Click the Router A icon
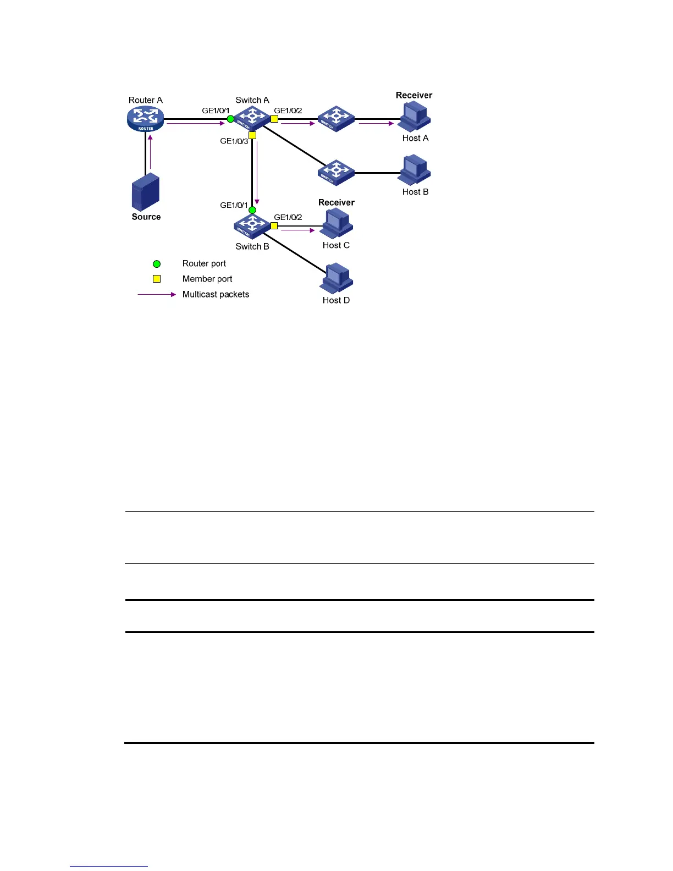click(146, 118)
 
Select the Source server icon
click(146, 192)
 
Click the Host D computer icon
click(336, 278)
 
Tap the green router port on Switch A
click(230, 119)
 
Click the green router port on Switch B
click(252, 210)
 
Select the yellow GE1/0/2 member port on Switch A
click(274, 119)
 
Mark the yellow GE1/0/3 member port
click(252, 135)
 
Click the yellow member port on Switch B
click(274, 225)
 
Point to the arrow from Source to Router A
click(150, 151)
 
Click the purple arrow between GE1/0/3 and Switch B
click(257, 174)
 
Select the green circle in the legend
click(157, 264)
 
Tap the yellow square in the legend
click(157, 279)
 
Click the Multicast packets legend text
click(216, 294)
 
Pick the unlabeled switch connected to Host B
click(336, 172)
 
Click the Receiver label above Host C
click(336, 202)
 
